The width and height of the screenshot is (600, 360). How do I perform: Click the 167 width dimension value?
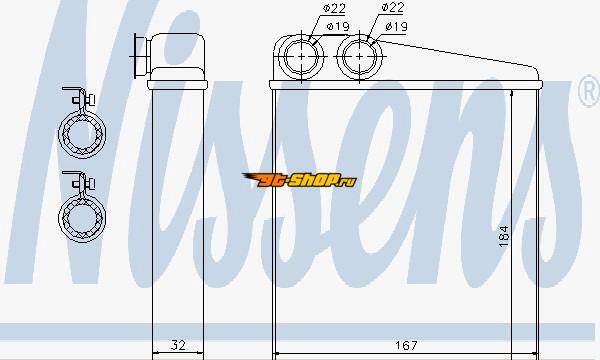[x=406, y=345]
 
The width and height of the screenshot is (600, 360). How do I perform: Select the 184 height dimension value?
[x=504, y=236]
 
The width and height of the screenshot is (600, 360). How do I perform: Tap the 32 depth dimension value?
[x=178, y=345]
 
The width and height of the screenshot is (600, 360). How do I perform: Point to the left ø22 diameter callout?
[x=334, y=8]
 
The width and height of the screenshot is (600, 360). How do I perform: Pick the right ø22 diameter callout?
[x=393, y=7]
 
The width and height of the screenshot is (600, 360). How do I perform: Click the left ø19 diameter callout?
[x=338, y=26]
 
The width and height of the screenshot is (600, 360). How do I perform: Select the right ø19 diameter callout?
[x=396, y=26]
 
